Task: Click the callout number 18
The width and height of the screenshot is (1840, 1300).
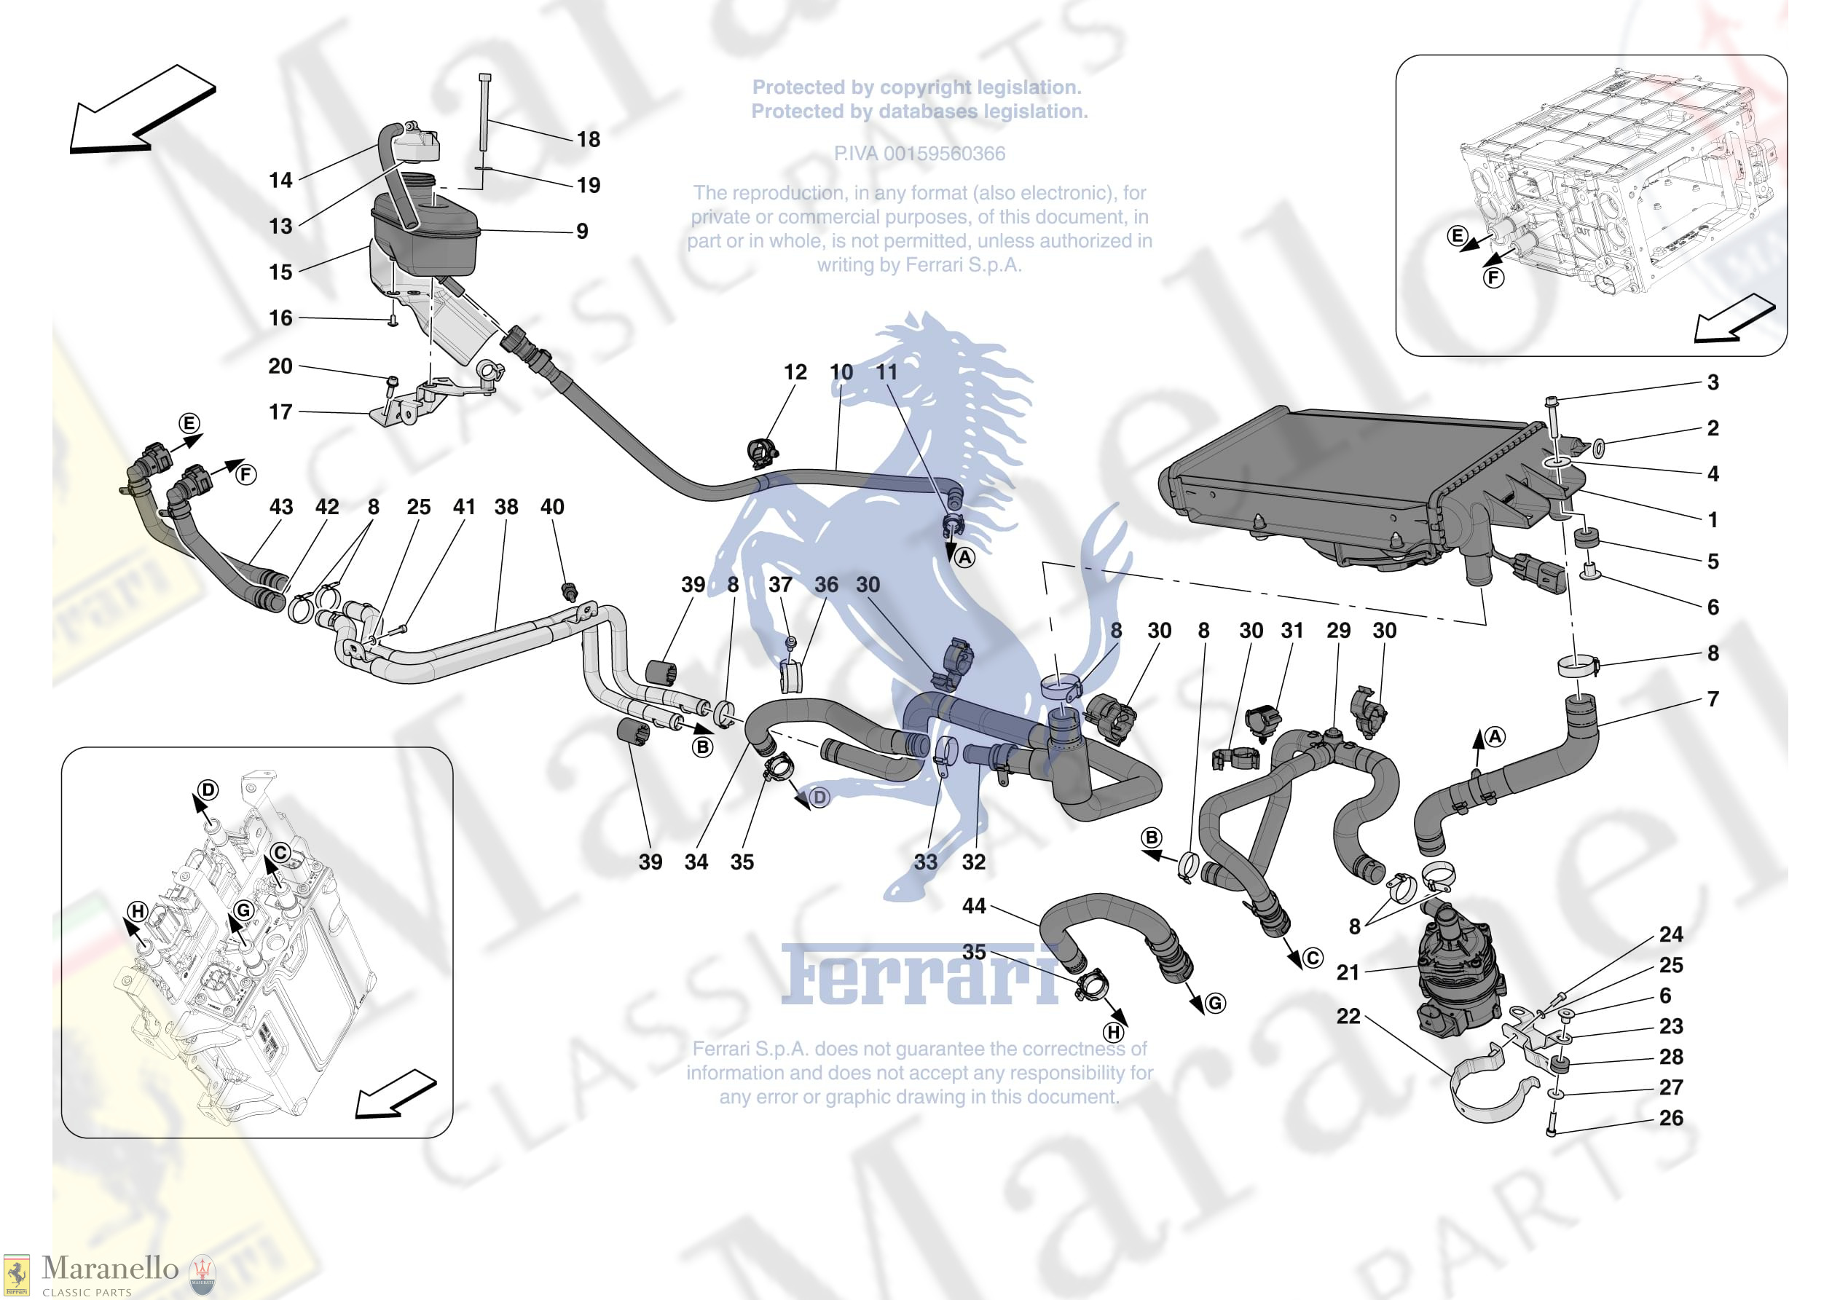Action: pyautogui.click(x=589, y=139)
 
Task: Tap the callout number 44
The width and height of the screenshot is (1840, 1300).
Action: pyautogui.click(x=974, y=906)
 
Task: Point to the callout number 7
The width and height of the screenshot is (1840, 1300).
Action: pyautogui.click(x=1713, y=699)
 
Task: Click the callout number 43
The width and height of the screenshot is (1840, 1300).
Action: pyautogui.click(x=281, y=507)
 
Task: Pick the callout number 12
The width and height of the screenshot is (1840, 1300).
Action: pyautogui.click(x=795, y=372)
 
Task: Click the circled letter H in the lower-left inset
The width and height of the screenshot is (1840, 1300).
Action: pyautogui.click(x=138, y=911)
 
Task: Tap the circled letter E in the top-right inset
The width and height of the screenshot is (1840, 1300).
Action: pyautogui.click(x=1457, y=236)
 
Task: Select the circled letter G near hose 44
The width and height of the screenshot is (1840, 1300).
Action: pyautogui.click(x=1215, y=1003)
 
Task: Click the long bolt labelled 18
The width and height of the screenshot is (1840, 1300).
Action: pyautogui.click(x=485, y=111)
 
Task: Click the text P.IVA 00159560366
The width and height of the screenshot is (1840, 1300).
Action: pyautogui.click(x=919, y=153)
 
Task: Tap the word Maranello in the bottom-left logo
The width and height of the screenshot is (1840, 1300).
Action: pyautogui.click(x=110, y=1268)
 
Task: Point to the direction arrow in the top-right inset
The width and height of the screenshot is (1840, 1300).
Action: pyautogui.click(x=1734, y=319)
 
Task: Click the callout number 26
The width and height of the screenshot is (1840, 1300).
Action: pyautogui.click(x=1671, y=1118)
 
